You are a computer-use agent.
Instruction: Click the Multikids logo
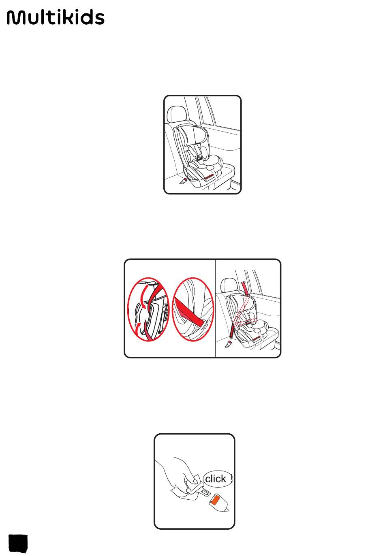tap(56, 17)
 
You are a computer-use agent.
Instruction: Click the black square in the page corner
tap(18, 543)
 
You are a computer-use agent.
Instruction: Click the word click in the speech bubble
tap(215, 479)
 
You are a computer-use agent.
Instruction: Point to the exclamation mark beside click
tap(231, 477)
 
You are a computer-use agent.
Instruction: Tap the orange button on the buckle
tap(215, 499)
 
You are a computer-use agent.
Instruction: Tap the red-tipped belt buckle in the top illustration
tap(183, 181)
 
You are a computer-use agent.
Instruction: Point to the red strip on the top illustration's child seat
tap(209, 177)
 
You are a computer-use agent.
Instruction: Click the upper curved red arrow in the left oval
tap(143, 296)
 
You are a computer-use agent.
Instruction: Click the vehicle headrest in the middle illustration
tap(229, 285)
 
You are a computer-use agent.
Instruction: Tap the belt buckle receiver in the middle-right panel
tap(228, 344)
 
